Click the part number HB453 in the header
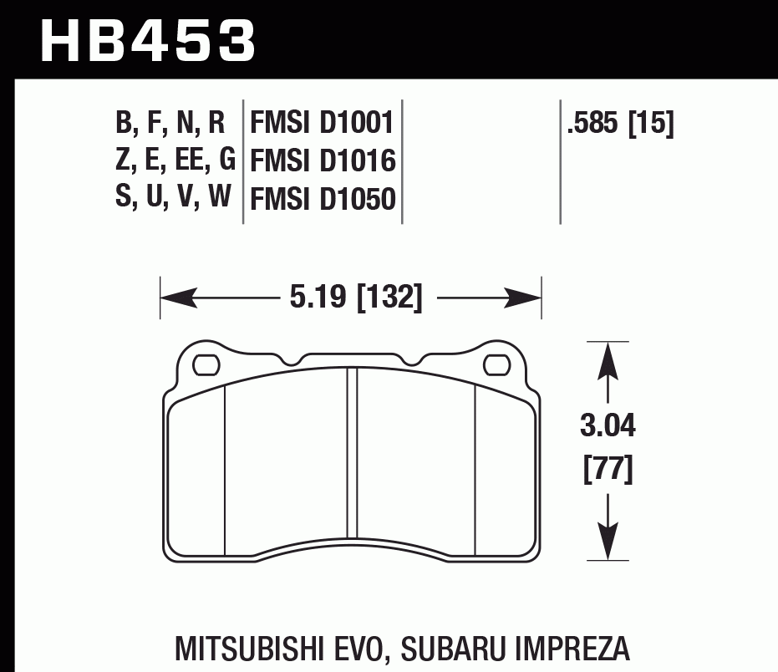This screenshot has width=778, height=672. pos(147,40)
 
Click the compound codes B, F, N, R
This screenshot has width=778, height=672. pos(170,125)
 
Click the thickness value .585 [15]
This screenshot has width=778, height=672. pos(620,125)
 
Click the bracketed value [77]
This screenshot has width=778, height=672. pos(608,469)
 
